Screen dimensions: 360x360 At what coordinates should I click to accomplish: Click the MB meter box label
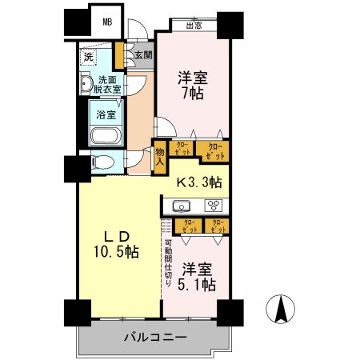106,22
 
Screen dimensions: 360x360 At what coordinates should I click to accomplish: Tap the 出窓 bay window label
193,26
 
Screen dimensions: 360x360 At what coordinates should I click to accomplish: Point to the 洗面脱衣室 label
107,85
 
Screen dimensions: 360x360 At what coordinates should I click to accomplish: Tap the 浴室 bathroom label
106,114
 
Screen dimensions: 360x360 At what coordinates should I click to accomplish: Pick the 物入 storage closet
160,157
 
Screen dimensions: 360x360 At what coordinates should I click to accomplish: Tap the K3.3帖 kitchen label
199,182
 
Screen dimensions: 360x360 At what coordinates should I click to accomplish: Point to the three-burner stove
214,205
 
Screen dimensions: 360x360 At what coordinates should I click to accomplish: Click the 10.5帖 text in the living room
113,252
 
